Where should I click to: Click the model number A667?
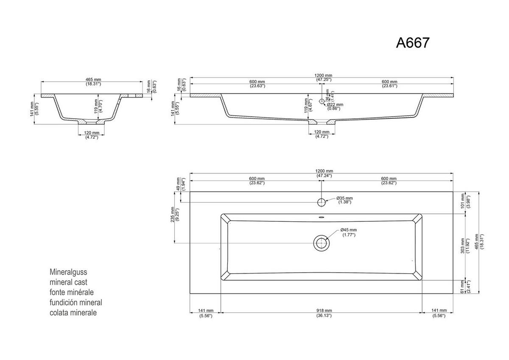(413, 43)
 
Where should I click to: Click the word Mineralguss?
(68, 272)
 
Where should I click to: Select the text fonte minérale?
(71, 293)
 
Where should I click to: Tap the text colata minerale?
(73, 313)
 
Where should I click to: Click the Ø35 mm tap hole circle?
(322, 201)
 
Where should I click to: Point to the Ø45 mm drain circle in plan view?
(322, 243)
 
